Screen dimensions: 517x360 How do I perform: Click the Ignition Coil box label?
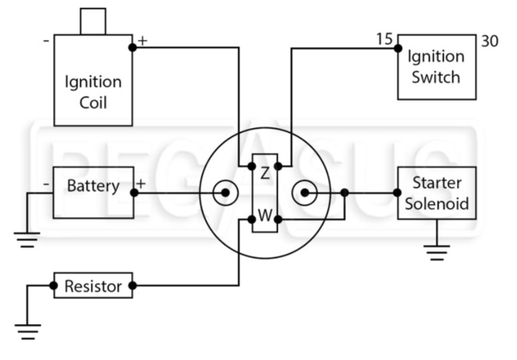pos(94,92)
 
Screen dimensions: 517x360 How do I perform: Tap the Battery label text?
pos(94,186)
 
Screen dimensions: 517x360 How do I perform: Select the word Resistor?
pos(94,286)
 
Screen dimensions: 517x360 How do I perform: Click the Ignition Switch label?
pos(436,67)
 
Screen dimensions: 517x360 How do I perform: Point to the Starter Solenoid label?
pos(437,193)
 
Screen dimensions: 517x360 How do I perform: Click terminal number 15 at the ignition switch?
pos(384,39)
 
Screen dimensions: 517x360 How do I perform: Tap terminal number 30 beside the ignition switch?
pos(490,41)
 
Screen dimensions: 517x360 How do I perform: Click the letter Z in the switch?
pos(265,173)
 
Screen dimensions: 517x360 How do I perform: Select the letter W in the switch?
pos(265,216)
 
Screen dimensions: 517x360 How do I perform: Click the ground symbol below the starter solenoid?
pos(437,252)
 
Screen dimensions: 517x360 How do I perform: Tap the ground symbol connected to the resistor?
pos(28,331)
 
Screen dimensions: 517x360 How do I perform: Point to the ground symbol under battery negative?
pos(27,240)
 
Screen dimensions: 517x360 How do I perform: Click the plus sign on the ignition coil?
pos(143,41)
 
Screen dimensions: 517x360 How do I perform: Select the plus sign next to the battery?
pos(141,184)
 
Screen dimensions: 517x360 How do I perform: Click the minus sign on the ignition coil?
pos(46,41)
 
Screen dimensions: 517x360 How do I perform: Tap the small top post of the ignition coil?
pos(94,21)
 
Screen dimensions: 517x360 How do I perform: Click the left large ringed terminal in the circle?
pos(226,192)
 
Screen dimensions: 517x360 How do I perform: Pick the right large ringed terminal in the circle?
pos(305,192)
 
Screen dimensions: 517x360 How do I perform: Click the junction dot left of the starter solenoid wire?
pos(345,192)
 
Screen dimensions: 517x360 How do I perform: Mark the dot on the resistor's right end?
pos(133,285)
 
